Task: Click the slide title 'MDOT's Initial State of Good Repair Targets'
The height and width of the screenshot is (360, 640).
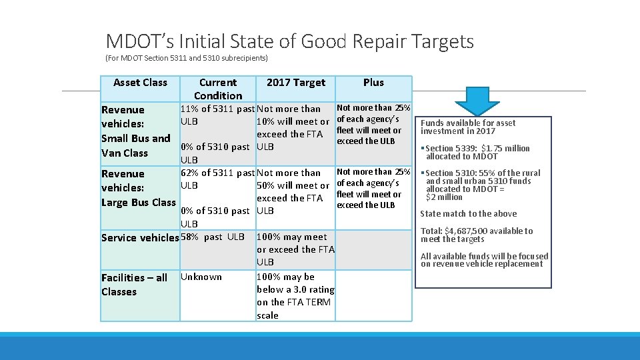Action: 289,41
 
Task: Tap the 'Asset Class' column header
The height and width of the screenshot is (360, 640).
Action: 140,83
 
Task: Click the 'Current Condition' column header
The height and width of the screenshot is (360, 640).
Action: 218,89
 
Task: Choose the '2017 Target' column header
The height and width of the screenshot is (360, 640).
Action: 295,83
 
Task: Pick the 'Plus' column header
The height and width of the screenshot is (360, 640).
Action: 373,83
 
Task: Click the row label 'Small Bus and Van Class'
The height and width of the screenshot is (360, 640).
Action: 135,145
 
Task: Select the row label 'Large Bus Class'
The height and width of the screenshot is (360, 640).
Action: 138,202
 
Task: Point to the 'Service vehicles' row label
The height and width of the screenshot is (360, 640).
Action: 140,238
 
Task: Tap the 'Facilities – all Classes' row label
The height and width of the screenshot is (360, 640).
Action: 134,284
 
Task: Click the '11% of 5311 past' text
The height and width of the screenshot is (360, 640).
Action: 217,109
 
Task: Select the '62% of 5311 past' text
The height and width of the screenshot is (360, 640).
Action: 217,173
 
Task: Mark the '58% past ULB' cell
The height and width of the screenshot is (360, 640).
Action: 213,237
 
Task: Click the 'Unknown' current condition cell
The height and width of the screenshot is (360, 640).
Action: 201,277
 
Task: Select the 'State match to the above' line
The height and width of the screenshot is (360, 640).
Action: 468,214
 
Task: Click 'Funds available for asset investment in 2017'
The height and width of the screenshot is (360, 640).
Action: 468,127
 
